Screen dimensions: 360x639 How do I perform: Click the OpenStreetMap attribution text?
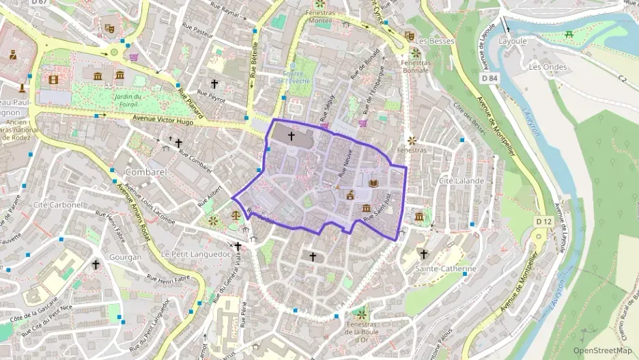click(x=603, y=350)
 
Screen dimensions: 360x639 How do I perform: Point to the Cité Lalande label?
click(x=461, y=181)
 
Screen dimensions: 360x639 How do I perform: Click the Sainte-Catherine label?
click(x=446, y=268)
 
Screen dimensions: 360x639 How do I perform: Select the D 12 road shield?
click(x=543, y=221)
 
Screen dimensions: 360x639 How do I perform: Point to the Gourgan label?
click(x=124, y=258)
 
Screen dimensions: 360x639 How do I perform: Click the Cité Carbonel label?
click(x=58, y=204)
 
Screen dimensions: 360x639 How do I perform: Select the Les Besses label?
click(x=435, y=41)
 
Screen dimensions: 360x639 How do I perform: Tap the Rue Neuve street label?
click(x=344, y=164)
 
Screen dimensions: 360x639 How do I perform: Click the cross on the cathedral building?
click(x=291, y=136)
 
